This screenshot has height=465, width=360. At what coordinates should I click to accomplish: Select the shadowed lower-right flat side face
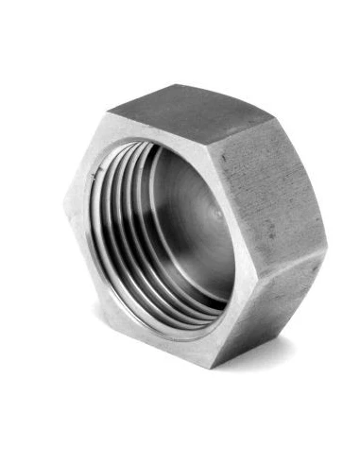point(269,302)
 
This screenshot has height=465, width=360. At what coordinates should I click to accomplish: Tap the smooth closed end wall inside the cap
point(194,222)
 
